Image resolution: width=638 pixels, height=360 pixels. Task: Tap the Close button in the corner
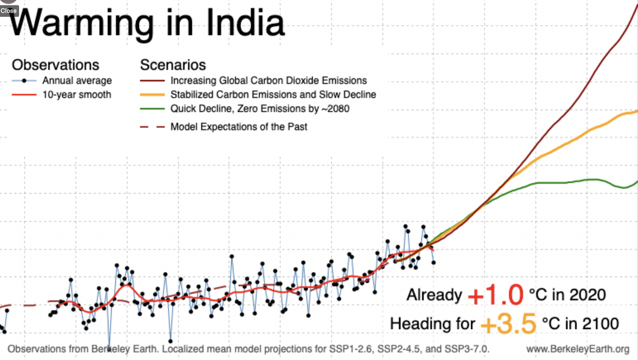click(8, 10)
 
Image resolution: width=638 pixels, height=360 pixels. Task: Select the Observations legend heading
click(55, 65)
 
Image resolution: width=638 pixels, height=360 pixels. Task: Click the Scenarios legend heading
click(173, 65)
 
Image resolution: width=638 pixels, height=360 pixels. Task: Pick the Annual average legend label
click(77, 81)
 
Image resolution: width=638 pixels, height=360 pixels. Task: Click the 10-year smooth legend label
click(77, 95)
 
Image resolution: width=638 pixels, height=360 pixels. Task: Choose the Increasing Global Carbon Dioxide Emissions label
click(268, 81)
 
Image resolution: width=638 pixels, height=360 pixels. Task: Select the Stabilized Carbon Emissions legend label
click(273, 95)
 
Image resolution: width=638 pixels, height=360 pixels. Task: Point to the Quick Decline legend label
click(260, 109)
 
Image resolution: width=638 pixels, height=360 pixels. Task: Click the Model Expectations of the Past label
click(239, 126)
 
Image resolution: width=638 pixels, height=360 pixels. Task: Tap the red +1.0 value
click(495, 295)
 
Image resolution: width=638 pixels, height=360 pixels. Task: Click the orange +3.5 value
click(508, 324)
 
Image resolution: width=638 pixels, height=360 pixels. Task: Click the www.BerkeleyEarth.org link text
click(577, 350)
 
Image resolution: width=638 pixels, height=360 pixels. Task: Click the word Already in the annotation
click(434, 295)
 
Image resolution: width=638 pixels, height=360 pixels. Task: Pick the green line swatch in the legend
click(152, 109)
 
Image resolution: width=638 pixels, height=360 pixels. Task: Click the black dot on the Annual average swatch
click(24, 81)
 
